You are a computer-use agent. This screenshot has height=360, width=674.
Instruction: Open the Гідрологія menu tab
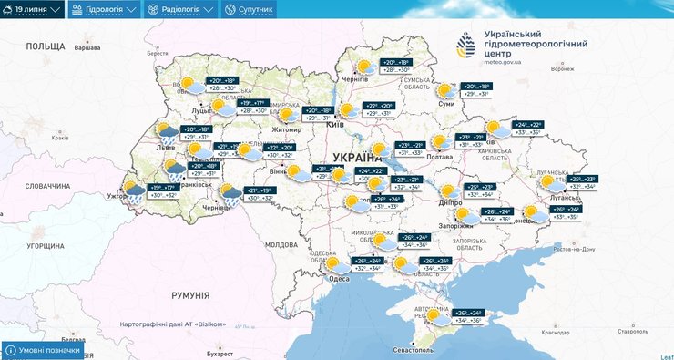tap(104, 9)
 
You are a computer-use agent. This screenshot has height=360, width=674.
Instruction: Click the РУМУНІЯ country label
tap(190, 295)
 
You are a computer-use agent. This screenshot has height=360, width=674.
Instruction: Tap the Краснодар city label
tap(557, 333)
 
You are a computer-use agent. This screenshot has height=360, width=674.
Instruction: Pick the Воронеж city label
tap(563, 69)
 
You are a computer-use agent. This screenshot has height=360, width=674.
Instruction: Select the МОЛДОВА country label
tap(281, 244)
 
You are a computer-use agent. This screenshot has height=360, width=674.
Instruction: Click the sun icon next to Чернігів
tap(363, 67)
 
